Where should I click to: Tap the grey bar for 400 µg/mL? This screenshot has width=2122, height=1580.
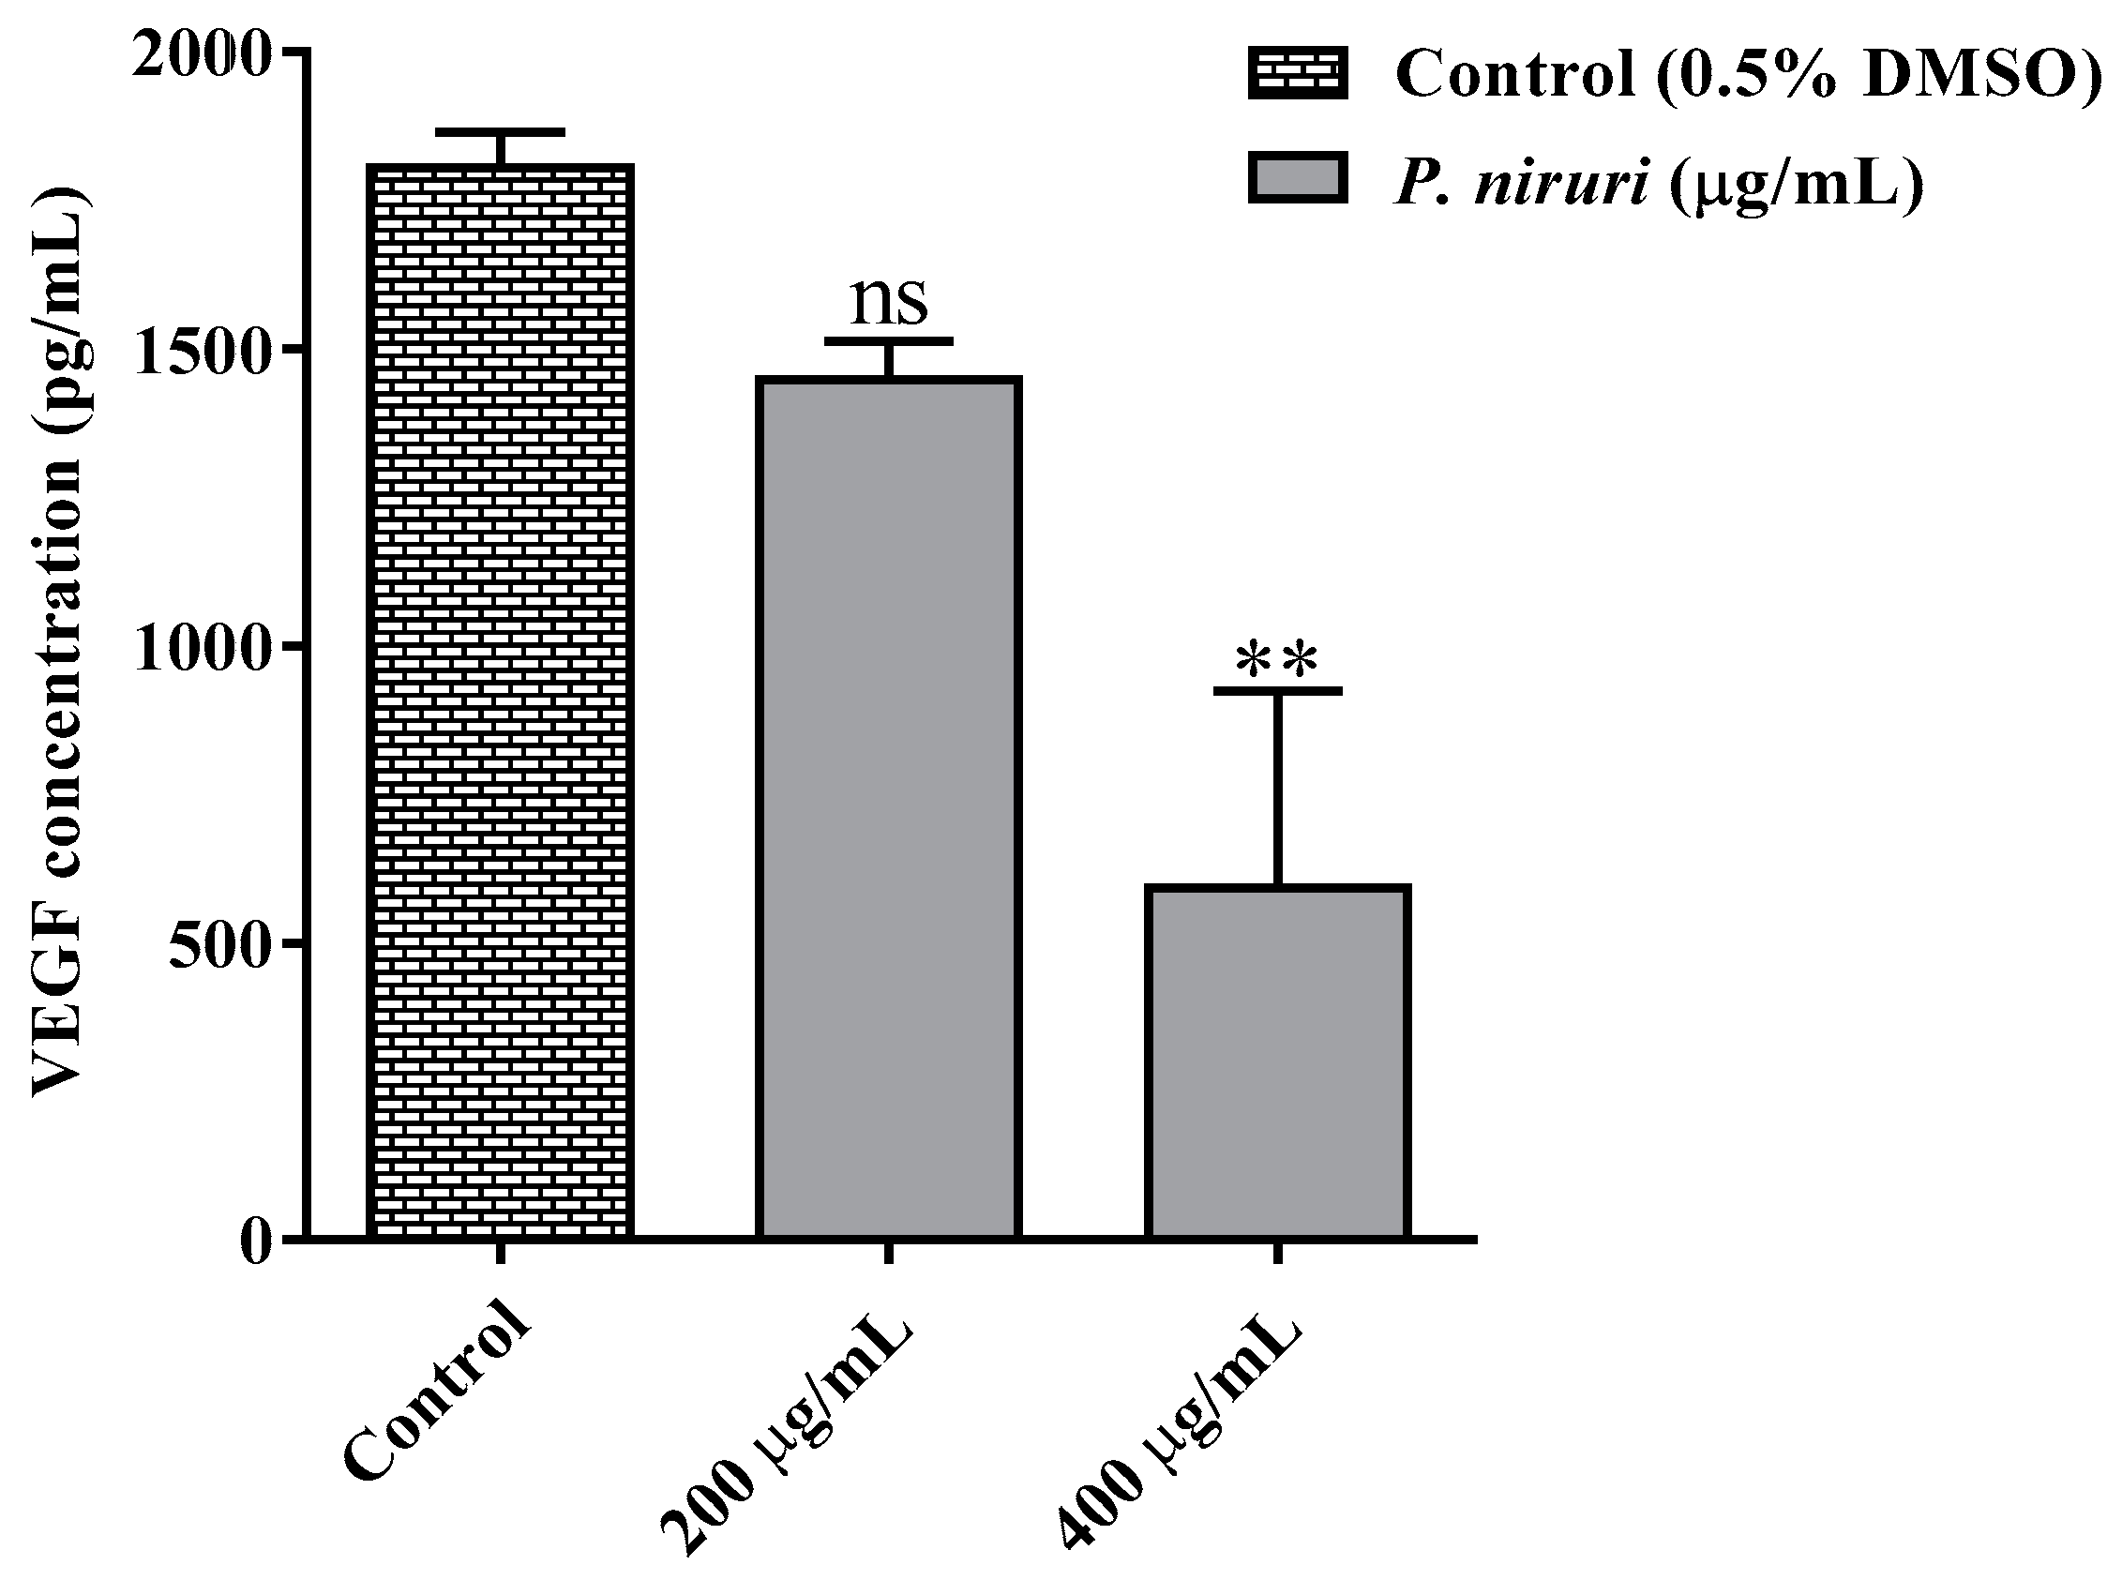click(1277, 1061)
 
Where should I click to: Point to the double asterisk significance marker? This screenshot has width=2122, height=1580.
click(1276, 660)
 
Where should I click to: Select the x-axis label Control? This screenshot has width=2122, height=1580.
click(435, 1401)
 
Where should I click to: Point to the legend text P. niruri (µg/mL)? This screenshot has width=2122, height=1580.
click(1659, 182)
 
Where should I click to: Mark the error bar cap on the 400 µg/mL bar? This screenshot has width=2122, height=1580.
click(1277, 690)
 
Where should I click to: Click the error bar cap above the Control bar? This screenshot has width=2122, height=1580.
click(499, 132)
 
